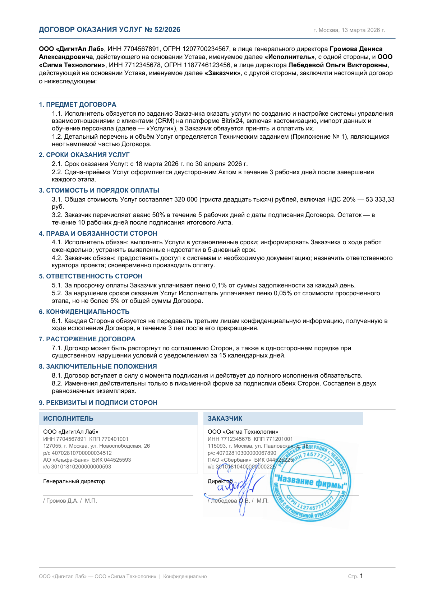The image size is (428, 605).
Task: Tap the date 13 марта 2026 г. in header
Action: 363,30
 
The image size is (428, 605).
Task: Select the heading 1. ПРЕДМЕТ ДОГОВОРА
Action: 78,105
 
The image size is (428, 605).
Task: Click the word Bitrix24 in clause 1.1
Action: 232,121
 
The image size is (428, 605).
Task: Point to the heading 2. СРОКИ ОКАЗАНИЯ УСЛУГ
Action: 84,155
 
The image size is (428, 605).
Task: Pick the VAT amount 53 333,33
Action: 380,199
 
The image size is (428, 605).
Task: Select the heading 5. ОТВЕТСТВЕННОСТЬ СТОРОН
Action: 91,276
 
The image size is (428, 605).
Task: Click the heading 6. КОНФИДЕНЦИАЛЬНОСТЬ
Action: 84,312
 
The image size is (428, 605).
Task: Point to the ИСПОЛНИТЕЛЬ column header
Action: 68,419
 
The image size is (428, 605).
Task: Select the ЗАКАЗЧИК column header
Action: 225,419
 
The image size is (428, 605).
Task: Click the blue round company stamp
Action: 311,481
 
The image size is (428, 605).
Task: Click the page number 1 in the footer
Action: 361,576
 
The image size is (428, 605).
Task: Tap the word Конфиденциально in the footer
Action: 185,576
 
